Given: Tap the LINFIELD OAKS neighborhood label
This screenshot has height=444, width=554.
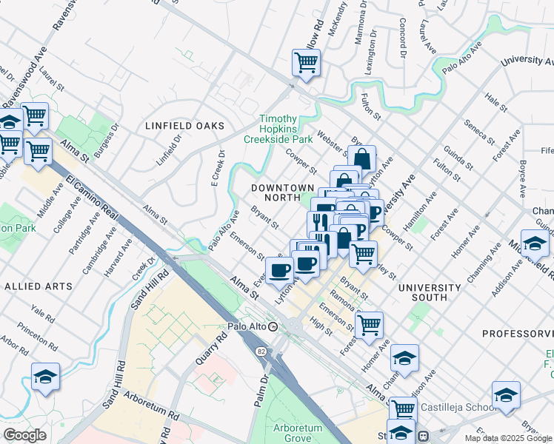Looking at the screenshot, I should (184, 126).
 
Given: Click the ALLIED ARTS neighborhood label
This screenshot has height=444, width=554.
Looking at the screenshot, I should (38, 286).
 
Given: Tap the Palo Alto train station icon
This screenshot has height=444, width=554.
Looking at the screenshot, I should (273, 326).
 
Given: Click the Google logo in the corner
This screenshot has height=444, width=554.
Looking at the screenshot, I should (24, 435).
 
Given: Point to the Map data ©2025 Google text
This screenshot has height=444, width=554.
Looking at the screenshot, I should (508, 438).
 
